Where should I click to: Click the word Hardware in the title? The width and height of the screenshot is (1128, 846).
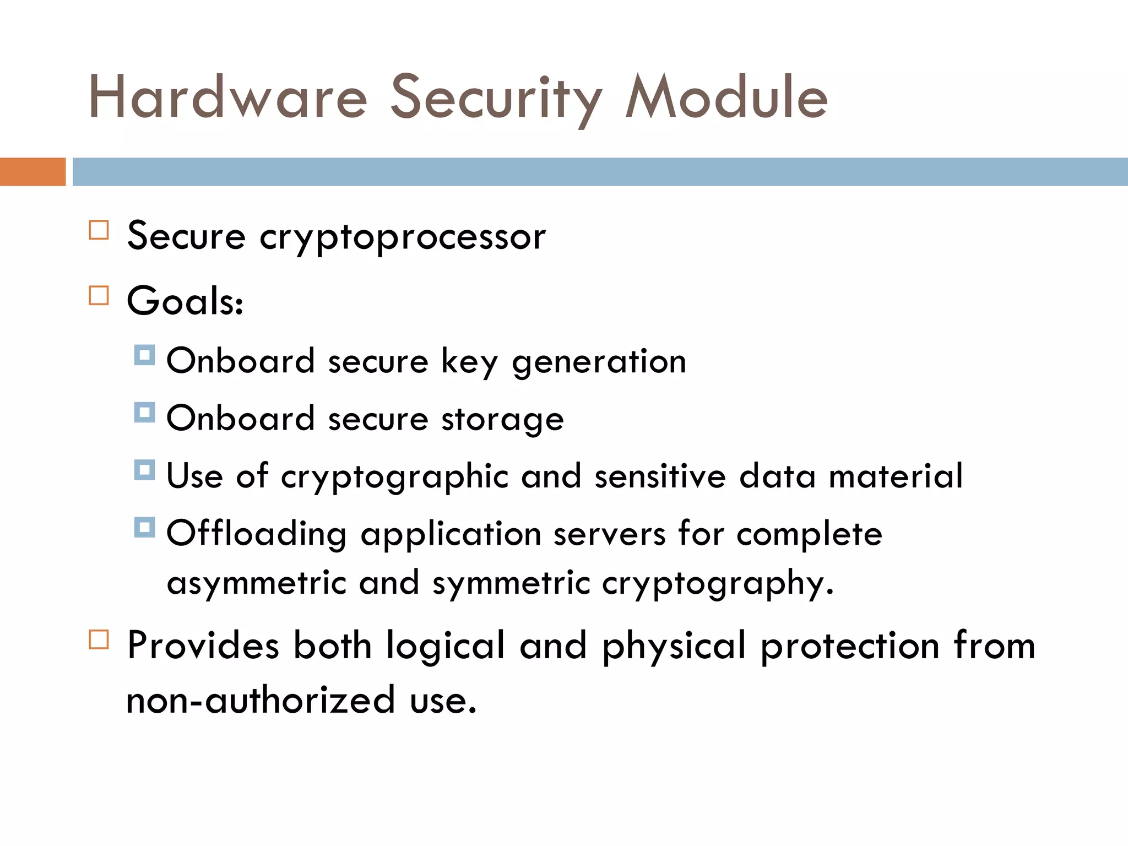coord(227,98)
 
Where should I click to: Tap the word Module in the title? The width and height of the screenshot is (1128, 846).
coord(726,98)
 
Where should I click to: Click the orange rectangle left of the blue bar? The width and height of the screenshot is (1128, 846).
coord(32,172)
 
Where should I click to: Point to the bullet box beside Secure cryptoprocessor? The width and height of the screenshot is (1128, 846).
coord(99,230)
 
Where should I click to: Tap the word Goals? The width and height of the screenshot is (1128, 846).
coord(185,301)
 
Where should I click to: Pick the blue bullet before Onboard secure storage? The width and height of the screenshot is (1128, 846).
coord(144,412)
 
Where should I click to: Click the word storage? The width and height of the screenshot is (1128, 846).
coord(502,420)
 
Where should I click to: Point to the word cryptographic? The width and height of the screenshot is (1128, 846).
coord(394,477)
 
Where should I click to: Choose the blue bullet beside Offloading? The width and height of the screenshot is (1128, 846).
coord(144,527)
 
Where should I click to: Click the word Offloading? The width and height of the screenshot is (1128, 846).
coord(257,534)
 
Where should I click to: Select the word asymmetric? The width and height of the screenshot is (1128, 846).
coord(257,584)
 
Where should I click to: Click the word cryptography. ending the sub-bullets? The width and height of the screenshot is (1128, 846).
coord(718,584)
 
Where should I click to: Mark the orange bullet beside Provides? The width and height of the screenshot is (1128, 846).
coord(99,639)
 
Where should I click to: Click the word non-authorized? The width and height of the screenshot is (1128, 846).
coord(261,701)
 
